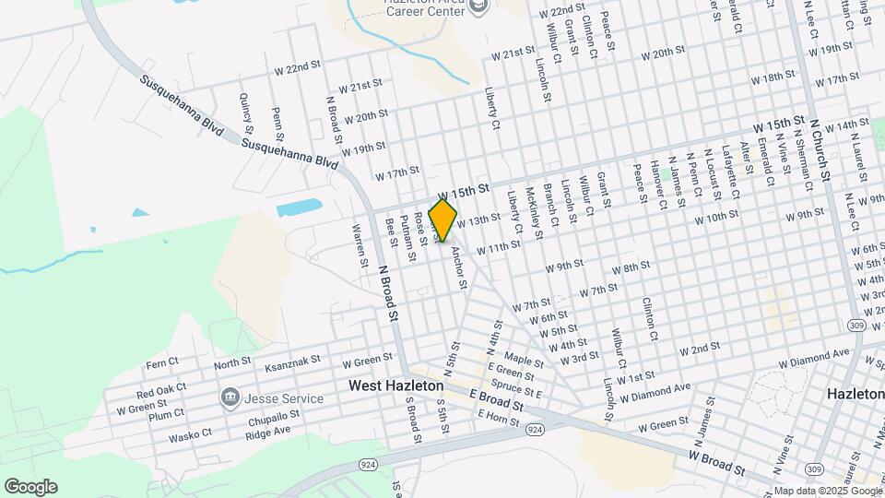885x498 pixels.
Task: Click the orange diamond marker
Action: click(x=442, y=220)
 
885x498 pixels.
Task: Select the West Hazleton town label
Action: click(x=396, y=385)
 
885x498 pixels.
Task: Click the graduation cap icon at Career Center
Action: click(x=478, y=7)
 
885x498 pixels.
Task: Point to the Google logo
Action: click(x=30, y=486)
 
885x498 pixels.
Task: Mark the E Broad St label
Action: click(x=496, y=399)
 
